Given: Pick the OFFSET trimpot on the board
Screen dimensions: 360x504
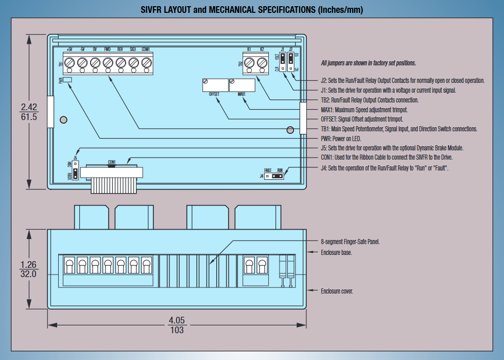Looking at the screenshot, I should click(215, 84).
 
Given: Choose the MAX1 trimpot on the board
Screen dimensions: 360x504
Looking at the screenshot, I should click(242, 84).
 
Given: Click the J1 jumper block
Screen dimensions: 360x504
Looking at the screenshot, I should click(283, 61).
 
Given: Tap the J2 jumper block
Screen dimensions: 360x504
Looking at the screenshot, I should click(291, 61).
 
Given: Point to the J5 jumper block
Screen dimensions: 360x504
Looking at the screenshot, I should click(75, 171).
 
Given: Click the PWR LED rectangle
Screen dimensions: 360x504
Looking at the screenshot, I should click(68, 80).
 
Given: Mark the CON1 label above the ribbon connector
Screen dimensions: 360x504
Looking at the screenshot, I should click(112, 161).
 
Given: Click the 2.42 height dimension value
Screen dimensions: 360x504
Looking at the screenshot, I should click(29, 107).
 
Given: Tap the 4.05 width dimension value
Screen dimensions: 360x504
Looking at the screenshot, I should click(177, 320).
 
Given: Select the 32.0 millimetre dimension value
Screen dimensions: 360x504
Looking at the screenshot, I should click(28, 274).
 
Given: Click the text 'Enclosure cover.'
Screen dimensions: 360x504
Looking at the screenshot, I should click(337, 292).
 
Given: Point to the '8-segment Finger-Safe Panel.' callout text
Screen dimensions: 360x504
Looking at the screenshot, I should click(350, 242).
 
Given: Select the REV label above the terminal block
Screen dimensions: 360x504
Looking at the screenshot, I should click(120, 49).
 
